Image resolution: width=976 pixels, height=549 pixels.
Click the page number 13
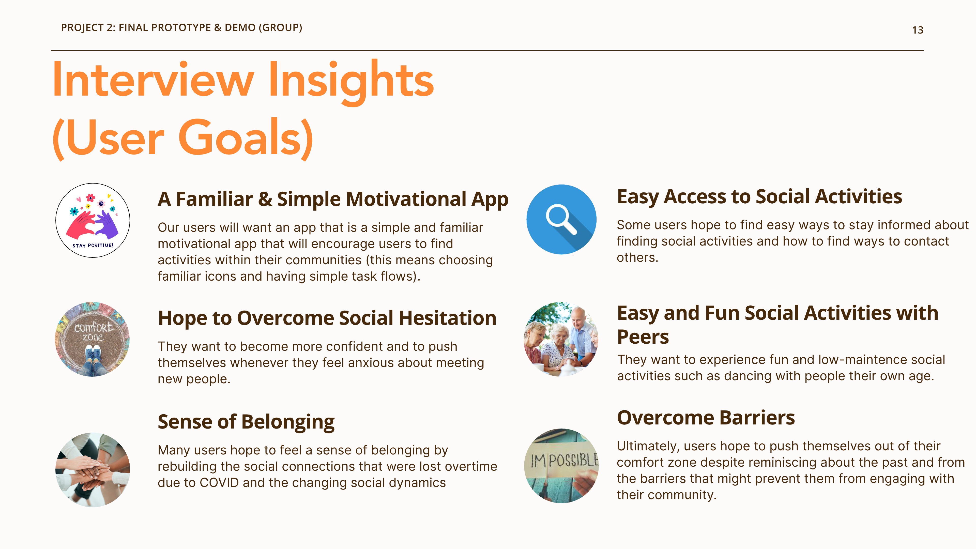[x=917, y=30]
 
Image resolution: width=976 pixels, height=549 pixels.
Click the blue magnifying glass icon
[x=561, y=219]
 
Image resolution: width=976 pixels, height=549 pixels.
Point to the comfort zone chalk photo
[x=93, y=339]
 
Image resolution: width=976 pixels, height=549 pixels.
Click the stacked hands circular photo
[x=93, y=470]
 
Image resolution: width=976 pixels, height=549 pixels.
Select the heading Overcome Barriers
[x=706, y=418]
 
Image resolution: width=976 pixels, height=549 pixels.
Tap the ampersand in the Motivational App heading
[x=265, y=199]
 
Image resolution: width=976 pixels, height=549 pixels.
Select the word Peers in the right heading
[x=643, y=337]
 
